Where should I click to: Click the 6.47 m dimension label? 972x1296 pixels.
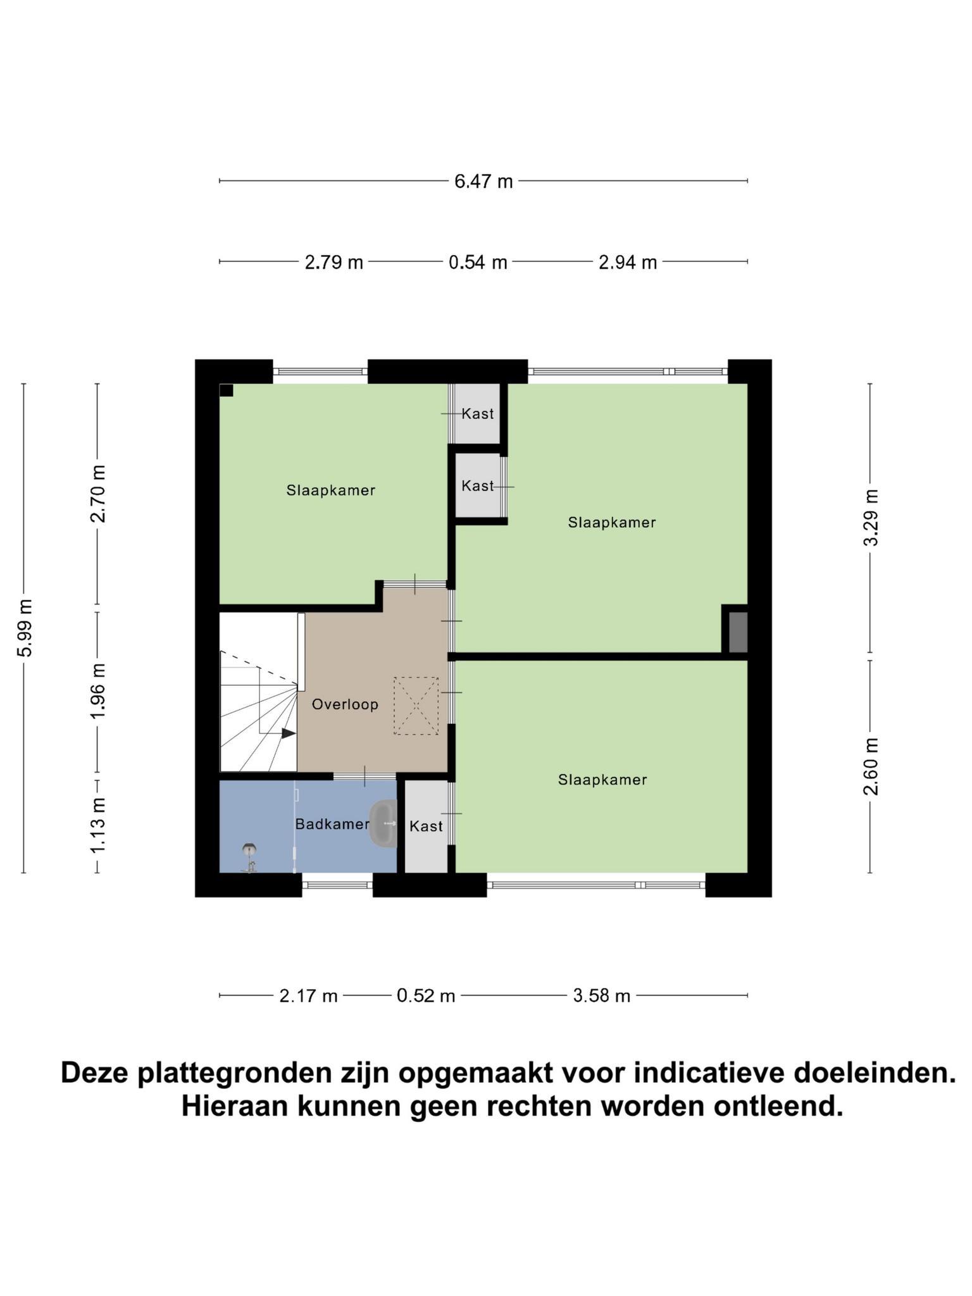pos(483,182)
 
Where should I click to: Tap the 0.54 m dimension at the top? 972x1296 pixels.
pos(478,262)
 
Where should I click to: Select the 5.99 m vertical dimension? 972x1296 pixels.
pos(25,628)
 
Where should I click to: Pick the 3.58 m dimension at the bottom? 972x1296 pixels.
pos(602,996)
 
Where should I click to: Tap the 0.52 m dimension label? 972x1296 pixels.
pos(426,996)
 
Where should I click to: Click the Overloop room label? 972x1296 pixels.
pos(345,704)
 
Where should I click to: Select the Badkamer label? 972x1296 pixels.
pos(332,825)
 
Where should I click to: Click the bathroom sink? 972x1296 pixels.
pos(383,823)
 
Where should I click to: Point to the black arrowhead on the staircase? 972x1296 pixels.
pos(289,733)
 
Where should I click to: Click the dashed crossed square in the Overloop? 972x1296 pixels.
pos(416,706)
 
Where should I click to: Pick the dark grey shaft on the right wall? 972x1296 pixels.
pos(738,632)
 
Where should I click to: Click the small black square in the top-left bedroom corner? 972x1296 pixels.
pos(227,390)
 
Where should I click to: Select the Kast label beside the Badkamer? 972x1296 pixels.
pos(426,826)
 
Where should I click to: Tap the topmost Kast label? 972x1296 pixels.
pos(478,414)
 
